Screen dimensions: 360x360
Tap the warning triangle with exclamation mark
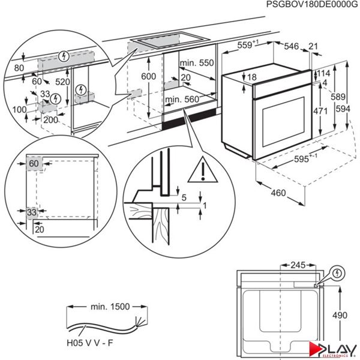pyautogui.click(x=202, y=172)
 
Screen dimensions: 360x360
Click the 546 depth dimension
pyautogui.click(x=292, y=45)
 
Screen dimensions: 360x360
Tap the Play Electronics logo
pyautogui.click(x=329, y=347)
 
